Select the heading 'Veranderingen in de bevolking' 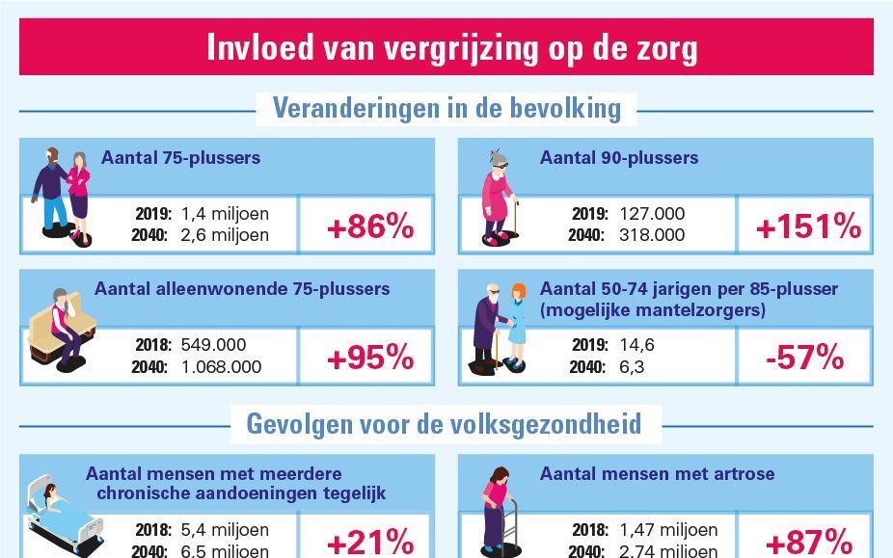(x=446, y=108)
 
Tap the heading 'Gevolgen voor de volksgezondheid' (x=446, y=423)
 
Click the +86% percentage (x=369, y=227)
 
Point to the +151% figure (x=807, y=227)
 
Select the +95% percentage (x=369, y=358)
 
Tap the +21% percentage (x=369, y=542)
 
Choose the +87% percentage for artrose (x=807, y=542)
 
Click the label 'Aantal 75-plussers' (x=180, y=158)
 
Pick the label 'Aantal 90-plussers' (x=618, y=158)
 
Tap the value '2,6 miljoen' (x=226, y=235)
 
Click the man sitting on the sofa (x=64, y=326)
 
